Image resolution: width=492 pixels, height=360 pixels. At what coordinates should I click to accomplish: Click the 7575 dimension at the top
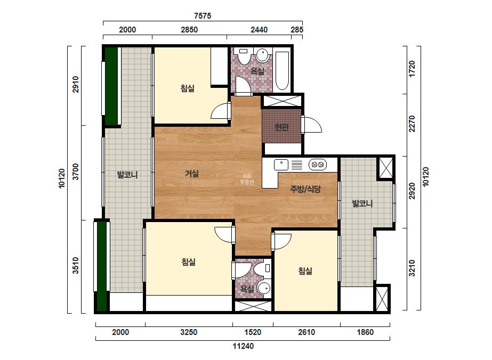tap(203, 15)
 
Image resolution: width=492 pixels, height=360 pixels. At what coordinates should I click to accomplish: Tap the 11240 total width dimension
tap(243, 346)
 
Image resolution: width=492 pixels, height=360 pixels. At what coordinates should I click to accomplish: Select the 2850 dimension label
tap(189, 30)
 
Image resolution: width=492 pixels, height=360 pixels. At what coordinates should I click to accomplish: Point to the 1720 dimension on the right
tap(412, 69)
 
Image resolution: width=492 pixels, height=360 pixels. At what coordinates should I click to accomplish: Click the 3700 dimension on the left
tap(76, 172)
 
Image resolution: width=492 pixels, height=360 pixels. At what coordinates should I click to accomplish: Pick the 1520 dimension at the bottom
tap(253, 332)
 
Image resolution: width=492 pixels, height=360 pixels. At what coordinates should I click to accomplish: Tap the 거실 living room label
tap(192, 174)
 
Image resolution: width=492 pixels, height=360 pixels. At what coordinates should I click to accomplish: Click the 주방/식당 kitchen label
tap(305, 189)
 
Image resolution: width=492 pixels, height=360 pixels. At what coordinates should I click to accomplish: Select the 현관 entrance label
tap(281, 127)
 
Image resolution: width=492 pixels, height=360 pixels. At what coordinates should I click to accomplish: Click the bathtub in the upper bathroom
tap(282, 70)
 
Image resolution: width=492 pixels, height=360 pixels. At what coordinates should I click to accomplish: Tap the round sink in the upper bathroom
tap(262, 55)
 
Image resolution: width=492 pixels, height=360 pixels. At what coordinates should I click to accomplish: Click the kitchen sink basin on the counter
tap(281, 165)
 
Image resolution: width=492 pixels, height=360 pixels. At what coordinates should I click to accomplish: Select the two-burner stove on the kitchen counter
tap(318, 165)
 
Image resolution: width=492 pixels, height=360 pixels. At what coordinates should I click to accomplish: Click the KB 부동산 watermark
tap(247, 179)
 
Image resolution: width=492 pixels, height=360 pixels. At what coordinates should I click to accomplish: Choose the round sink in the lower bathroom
tap(264, 288)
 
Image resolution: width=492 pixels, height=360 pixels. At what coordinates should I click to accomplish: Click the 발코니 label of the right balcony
tap(362, 203)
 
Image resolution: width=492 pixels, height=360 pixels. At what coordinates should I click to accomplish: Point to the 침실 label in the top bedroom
tap(187, 88)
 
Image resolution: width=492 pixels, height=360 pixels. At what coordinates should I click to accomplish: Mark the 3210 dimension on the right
tap(412, 268)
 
